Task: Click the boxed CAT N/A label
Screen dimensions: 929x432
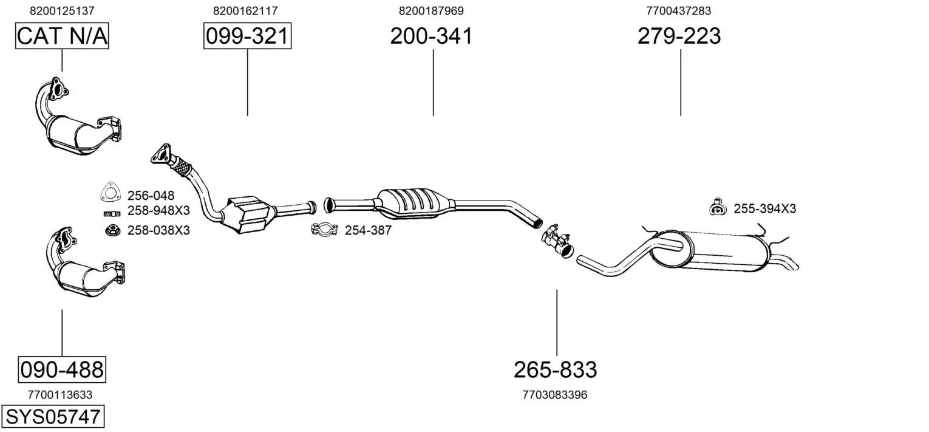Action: click(x=62, y=36)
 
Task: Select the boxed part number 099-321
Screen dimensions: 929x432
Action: click(x=247, y=36)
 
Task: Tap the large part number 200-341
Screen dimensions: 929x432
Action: click(x=431, y=36)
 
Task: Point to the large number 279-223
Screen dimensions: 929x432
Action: click(x=679, y=36)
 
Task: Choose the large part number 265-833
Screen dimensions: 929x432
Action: click(x=556, y=369)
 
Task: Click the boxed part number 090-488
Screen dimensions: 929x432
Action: click(x=62, y=369)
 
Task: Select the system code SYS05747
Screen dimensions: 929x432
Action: click(x=53, y=416)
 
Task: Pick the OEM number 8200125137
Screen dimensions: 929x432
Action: click(x=62, y=11)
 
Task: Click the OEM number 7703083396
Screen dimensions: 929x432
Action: click(x=555, y=395)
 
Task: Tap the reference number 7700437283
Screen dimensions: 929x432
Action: click(x=678, y=11)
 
